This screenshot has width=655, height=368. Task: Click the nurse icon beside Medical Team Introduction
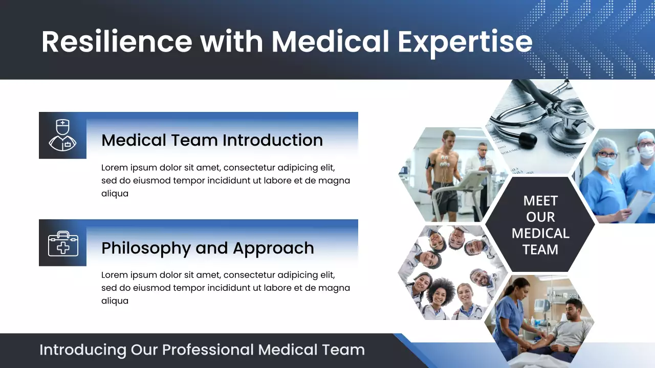(62, 135)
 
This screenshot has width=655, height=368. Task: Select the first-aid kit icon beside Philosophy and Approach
(62, 243)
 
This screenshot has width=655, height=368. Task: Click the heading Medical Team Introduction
(212, 140)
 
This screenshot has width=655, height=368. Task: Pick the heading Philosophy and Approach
(207, 248)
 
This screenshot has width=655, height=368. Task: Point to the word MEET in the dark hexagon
(540, 201)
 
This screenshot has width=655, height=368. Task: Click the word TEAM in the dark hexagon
(540, 250)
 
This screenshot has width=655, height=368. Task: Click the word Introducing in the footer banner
(82, 350)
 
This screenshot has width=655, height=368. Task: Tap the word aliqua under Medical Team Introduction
(115, 194)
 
